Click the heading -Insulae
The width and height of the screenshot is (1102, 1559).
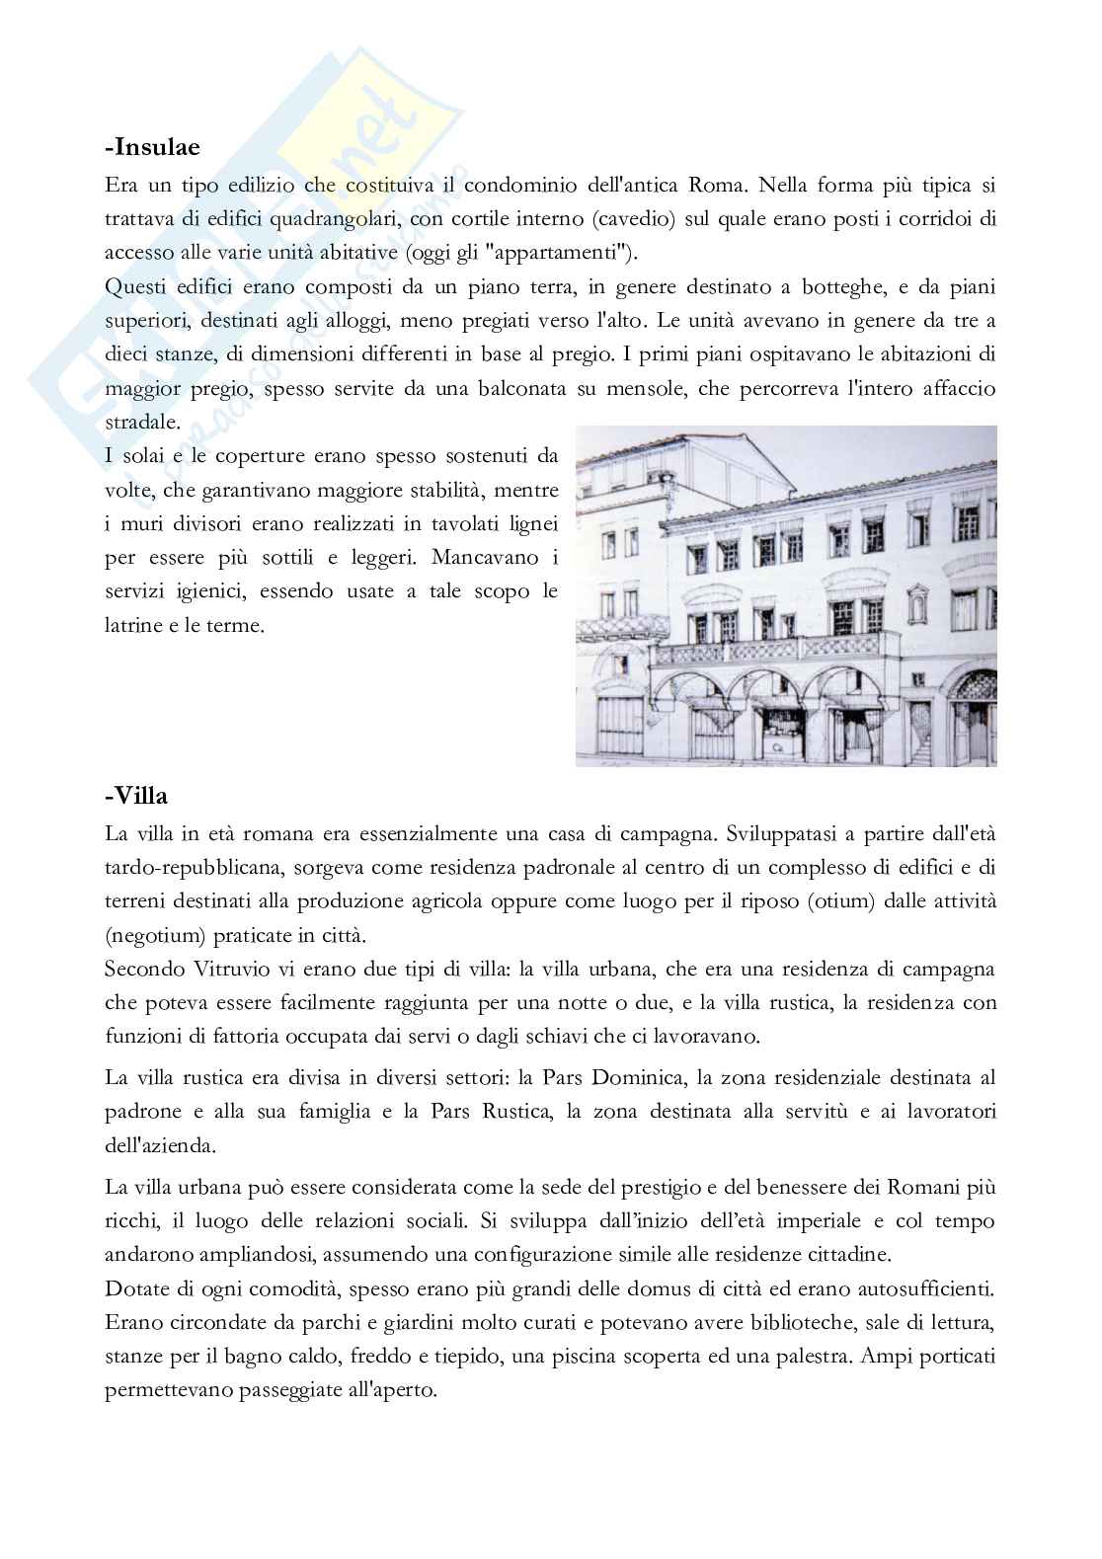152,147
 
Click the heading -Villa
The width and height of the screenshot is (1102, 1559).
136,796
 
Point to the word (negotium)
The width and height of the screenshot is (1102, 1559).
156,935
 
